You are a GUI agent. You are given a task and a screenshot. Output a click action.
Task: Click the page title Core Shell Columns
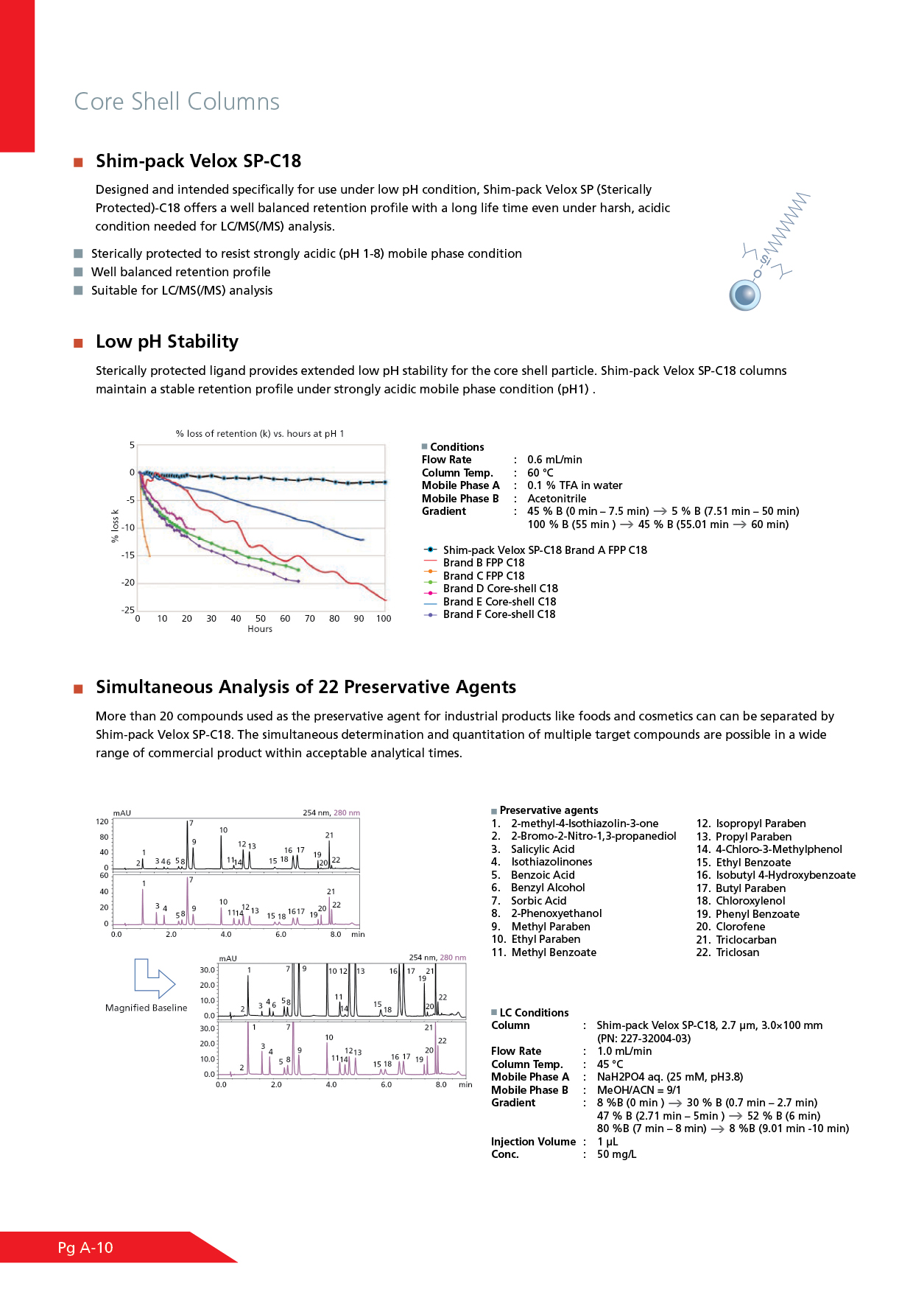(177, 102)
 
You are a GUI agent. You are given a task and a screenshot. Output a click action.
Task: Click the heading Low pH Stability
(167, 342)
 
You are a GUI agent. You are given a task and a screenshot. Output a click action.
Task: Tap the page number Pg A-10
(85, 1248)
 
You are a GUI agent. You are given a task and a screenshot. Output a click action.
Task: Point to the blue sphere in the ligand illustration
(745, 295)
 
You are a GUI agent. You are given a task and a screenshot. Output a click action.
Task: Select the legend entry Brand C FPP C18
(483, 576)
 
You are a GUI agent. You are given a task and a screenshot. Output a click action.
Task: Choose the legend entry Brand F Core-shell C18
(498, 614)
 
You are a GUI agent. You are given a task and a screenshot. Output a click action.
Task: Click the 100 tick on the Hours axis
(384, 619)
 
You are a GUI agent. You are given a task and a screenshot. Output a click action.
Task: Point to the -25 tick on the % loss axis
(128, 610)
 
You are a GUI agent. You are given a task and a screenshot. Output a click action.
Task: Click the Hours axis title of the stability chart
(260, 629)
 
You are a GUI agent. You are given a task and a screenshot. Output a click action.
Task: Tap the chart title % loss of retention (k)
(259, 434)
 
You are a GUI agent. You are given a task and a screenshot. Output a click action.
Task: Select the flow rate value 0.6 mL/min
(554, 460)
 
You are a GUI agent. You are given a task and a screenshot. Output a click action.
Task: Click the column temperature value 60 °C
(540, 473)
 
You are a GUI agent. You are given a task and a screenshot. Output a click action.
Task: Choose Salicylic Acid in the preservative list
(543, 849)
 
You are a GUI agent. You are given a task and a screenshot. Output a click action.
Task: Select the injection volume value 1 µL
(607, 1142)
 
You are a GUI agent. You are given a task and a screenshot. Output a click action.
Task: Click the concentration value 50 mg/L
(616, 1154)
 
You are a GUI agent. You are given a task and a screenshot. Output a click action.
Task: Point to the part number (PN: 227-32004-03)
(644, 1039)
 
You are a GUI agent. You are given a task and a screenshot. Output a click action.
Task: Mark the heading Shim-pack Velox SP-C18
(198, 161)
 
